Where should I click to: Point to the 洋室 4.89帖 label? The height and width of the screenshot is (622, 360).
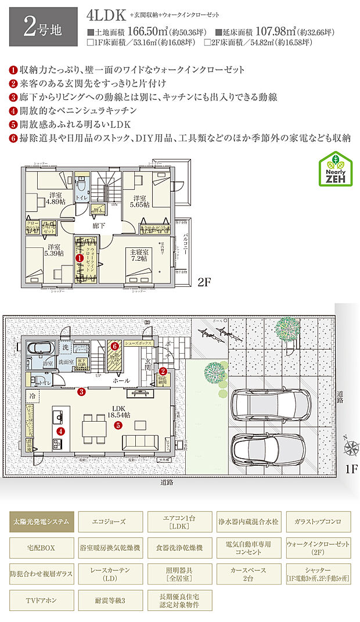pos(56,199)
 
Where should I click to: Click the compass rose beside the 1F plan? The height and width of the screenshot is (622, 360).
pos(351,448)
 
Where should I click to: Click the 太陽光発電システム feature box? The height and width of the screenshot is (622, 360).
pos(42,522)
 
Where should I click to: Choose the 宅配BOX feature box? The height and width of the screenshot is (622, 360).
pos(42,547)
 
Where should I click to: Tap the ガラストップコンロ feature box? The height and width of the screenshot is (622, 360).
pos(318,522)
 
